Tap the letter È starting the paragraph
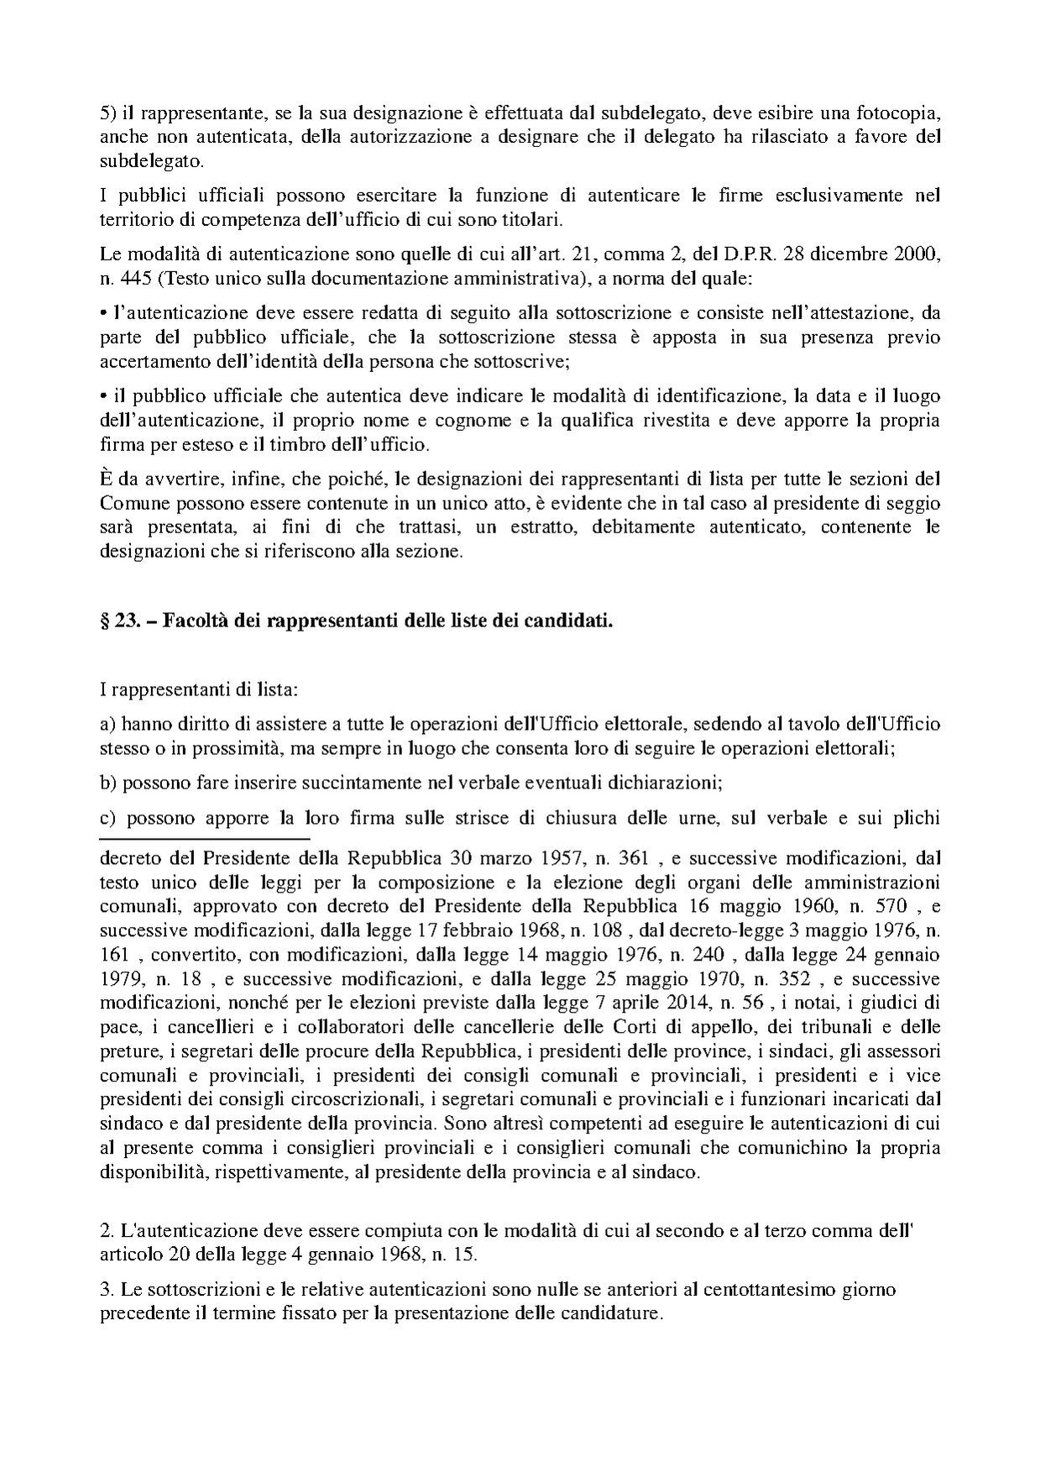[x=106, y=479]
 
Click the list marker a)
[x=108, y=723]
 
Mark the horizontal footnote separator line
[x=205, y=838]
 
